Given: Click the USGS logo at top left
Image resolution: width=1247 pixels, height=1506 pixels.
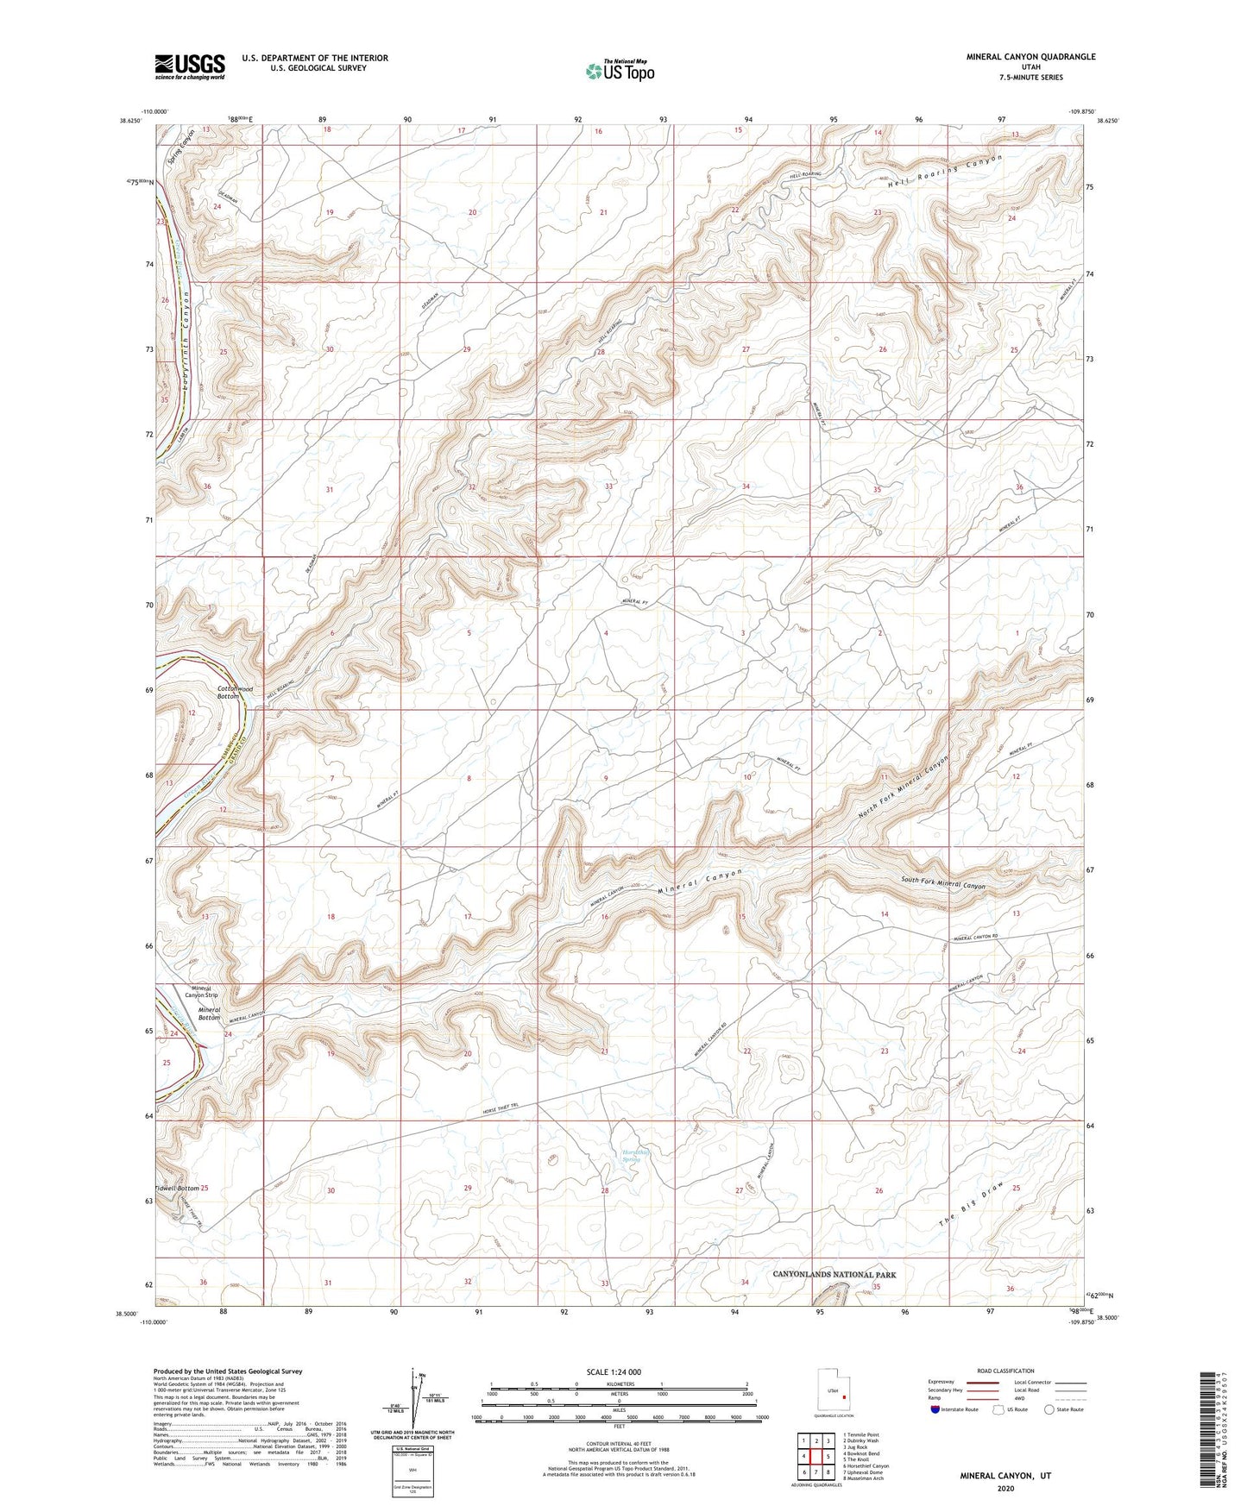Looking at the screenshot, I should coord(190,66).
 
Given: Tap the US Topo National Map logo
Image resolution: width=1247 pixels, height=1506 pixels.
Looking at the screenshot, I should coord(619,71).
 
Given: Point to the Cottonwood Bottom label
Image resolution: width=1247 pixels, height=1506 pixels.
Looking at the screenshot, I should coord(235,692).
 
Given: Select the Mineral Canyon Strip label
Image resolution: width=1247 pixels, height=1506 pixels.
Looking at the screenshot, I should coord(201,991).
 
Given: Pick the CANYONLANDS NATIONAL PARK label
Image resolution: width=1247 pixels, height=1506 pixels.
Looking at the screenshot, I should coord(834,1274).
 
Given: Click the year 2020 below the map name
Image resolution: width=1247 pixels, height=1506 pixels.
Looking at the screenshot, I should coord(1005,1488).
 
